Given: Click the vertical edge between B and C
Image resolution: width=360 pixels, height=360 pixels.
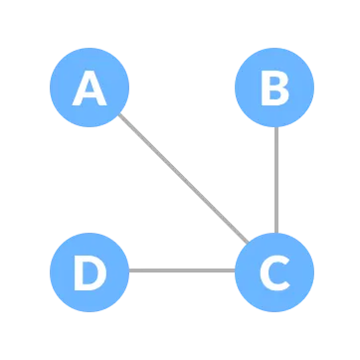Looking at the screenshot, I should (x=275, y=179).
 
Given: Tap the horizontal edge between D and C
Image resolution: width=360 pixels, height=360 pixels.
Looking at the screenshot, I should (x=182, y=270).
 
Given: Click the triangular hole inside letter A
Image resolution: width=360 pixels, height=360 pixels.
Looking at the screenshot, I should (x=90, y=88).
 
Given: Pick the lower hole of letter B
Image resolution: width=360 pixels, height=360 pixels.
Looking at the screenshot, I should (x=274, y=96).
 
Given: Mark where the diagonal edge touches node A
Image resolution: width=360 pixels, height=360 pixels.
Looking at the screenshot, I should (x=117, y=115).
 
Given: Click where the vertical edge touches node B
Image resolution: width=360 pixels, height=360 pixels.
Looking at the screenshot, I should (x=275, y=127).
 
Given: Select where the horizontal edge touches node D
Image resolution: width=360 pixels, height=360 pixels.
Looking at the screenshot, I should (x=129, y=270).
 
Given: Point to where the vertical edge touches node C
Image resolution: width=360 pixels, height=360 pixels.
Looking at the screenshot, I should (x=275, y=232).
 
